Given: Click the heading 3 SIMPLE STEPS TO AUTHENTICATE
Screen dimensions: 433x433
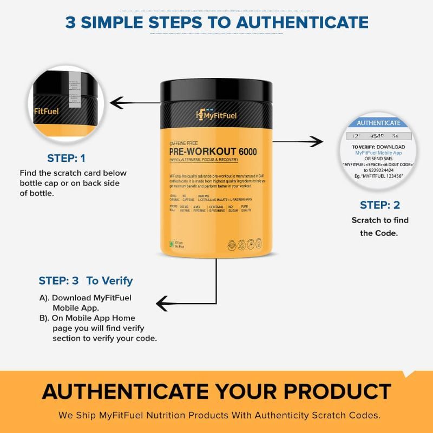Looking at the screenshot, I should point(216,22).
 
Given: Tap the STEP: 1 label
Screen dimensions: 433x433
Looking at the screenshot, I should point(66,159).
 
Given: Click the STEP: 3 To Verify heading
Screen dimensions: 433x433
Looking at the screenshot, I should point(86,281).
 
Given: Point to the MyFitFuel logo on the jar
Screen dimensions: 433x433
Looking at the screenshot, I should point(216,115).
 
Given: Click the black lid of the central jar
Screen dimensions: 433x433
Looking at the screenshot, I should point(216,89).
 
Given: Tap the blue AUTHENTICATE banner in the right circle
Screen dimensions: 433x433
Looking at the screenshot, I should point(379,123).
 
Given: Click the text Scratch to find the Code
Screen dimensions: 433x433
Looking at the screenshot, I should point(380,226).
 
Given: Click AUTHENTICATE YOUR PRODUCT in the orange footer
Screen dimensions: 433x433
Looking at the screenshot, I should point(216,391).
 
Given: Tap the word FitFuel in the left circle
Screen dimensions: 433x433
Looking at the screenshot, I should point(45,111).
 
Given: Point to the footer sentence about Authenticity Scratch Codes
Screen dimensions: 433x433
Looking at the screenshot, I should point(216,416).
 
